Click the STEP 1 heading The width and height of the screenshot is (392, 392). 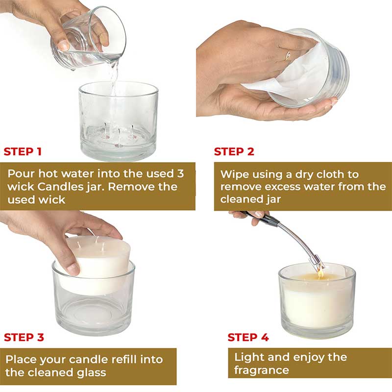(23, 151)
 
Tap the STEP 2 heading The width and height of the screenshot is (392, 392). (234, 151)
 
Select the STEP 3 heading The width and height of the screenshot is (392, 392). (24, 337)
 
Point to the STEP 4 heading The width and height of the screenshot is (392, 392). (248, 337)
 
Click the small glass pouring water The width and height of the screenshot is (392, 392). (91, 39)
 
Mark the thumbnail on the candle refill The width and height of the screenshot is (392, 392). (73, 268)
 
